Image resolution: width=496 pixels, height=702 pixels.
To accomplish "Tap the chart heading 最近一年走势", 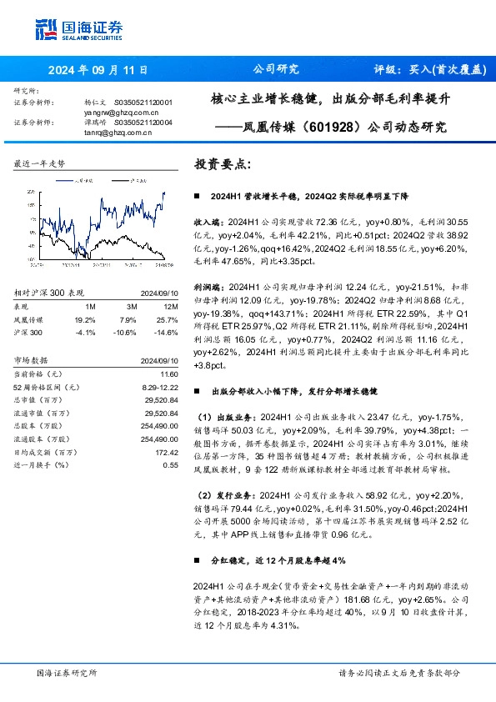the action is coord(39,166).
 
